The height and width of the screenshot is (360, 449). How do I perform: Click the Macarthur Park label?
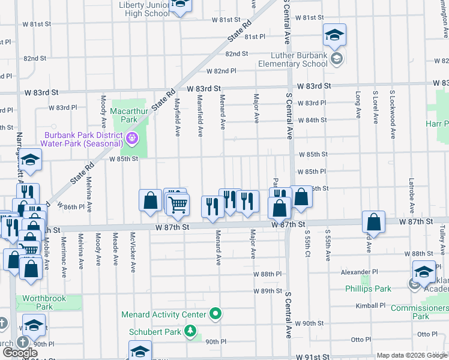[124, 115]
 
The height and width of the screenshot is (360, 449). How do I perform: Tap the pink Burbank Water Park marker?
[133, 140]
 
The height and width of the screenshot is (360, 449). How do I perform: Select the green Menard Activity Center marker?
[215, 314]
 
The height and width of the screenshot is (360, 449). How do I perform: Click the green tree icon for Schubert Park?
[190, 331]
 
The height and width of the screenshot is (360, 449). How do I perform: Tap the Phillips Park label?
[368, 289]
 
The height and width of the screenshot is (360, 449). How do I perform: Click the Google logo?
[20, 353]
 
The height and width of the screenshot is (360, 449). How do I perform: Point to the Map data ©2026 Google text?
[412, 355]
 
